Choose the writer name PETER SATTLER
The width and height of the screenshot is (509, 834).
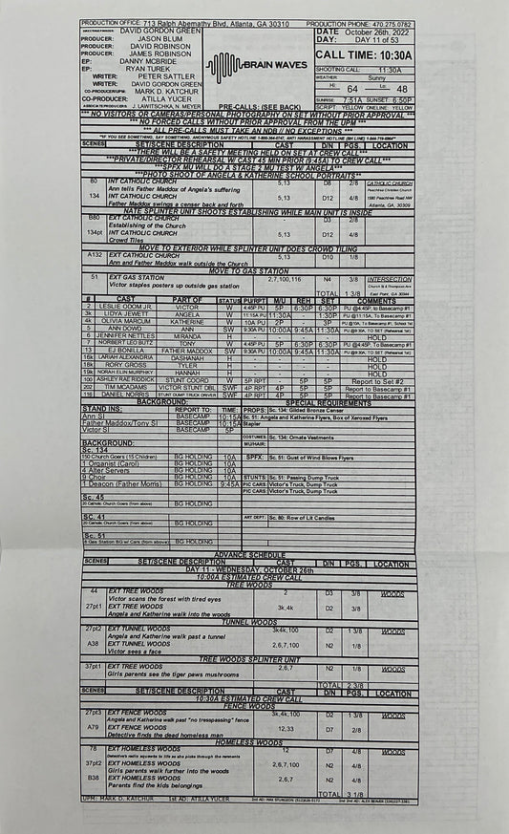click(x=144, y=75)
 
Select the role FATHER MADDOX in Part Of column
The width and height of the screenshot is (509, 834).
click(x=187, y=351)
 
